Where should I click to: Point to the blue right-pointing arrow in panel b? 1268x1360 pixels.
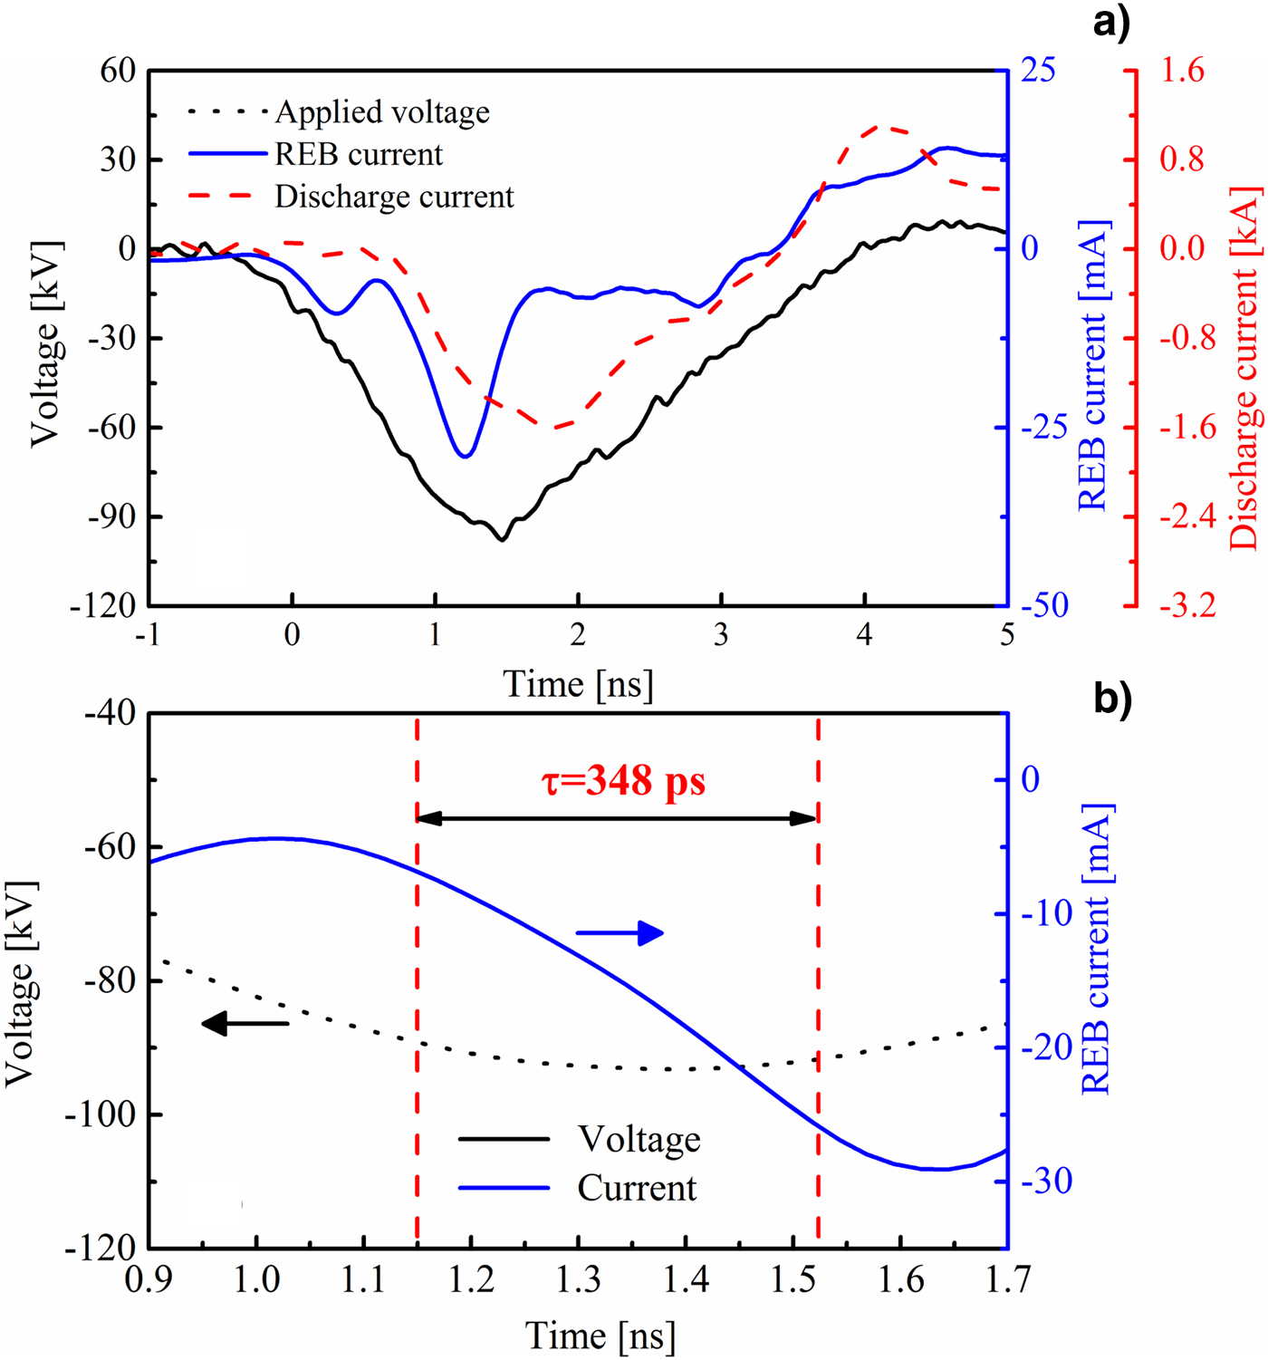[621, 933]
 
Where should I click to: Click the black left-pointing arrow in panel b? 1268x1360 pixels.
[245, 1024]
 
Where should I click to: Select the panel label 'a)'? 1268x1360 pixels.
[1111, 21]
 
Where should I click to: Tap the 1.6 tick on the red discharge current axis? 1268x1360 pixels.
[1183, 70]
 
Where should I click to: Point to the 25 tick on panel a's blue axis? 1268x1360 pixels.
[1039, 70]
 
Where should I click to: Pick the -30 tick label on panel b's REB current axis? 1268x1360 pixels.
[1046, 1182]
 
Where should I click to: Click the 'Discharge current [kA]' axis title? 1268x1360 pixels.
[1244, 367]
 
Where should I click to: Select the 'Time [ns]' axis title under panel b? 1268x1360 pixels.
[600, 1336]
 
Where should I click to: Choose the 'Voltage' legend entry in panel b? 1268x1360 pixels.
[639, 1139]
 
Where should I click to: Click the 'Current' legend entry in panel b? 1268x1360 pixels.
[637, 1188]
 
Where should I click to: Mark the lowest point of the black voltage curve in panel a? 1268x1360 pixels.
[502, 540]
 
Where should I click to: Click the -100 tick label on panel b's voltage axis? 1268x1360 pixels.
[100, 1114]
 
